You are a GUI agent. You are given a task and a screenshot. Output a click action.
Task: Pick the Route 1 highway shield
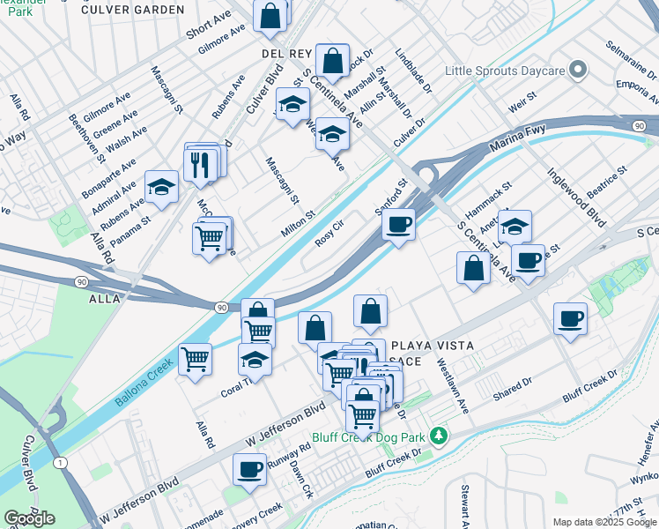click(x=59, y=463)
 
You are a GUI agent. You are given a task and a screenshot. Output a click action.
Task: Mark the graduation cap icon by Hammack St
click(x=514, y=226)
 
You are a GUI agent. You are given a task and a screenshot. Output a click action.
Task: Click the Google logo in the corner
click(x=29, y=518)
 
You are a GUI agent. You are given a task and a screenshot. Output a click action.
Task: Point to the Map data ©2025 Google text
click(x=603, y=522)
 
